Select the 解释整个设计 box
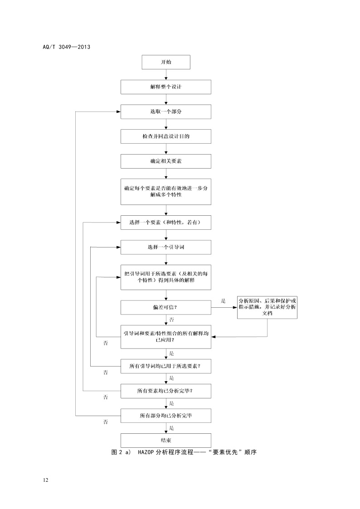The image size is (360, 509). [x=166, y=87]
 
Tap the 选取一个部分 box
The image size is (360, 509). [x=166, y=111]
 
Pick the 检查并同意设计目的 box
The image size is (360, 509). [x=166, y=136]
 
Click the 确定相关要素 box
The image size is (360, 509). [x=166, y=161]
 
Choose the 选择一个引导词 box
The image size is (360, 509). [x=166, y=247]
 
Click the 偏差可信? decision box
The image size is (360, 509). [x=166, y=307]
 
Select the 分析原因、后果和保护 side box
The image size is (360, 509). [x=267, y=307]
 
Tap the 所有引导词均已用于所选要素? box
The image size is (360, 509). [x=166, y=365]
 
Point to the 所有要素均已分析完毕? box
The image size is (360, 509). [x=166, y=390]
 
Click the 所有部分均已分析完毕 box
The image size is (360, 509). [x=166, y=415]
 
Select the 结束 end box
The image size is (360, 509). [x=166, y=440]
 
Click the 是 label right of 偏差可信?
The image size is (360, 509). [x=223, y=301]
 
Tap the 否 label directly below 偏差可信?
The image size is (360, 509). [x=172, y=320]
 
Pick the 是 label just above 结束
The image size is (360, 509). [x=171, y=427]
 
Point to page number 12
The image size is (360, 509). [x=45, y=480]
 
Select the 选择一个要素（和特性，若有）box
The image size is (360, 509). [x=166, y=222]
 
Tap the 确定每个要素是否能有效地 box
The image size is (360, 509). [x=166, y=191]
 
